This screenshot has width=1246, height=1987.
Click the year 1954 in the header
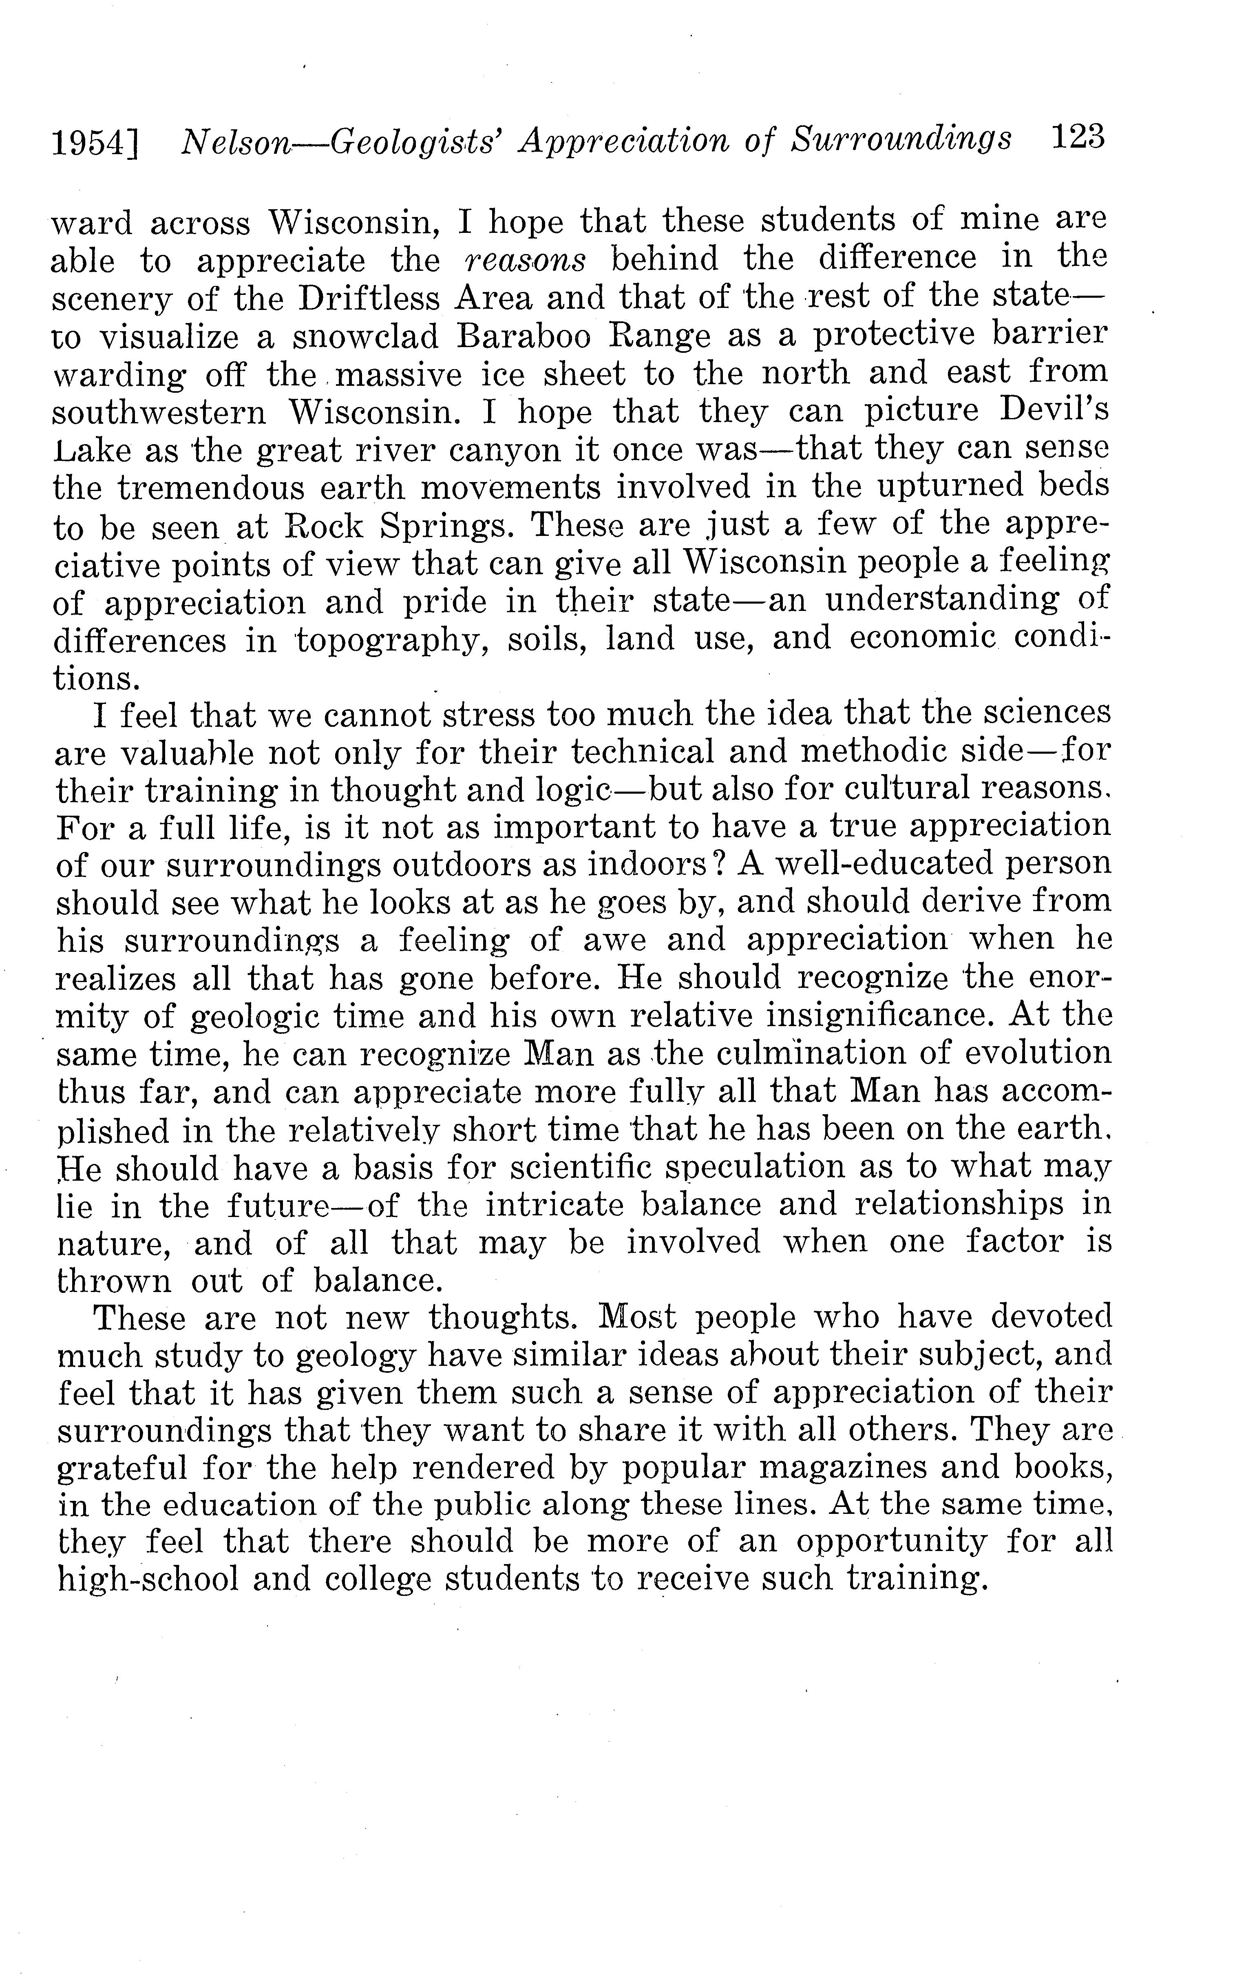pyautogui.click(x=89, y=144)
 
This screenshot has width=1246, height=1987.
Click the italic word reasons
pyautogui.click(x=525, y=261)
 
